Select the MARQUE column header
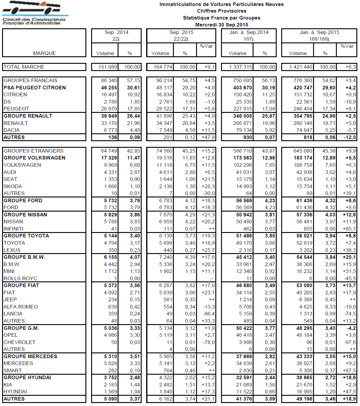click(x=44, y=53)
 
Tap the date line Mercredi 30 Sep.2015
click(x=221, y=25)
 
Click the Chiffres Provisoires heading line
click(x=221, y=11)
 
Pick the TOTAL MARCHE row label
click(x=24, y=67)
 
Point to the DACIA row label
click(x=12, y=130)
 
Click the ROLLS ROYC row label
click(x=20, y=278)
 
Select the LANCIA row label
click(x=13, y=314)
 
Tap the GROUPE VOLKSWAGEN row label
click(x=34, y=158)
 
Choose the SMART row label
click(x=13, y=370)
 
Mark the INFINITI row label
click(x=14, y=229)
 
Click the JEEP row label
click(x=10, y=299)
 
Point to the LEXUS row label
click(x=12, y=250)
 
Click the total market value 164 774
click(x=163, y=67)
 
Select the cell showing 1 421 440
click(x=301, y=67)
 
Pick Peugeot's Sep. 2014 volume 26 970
click(x=109, y=109)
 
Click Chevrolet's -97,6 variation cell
click(x=350, y=342)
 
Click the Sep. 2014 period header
click(x=116, y=32)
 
